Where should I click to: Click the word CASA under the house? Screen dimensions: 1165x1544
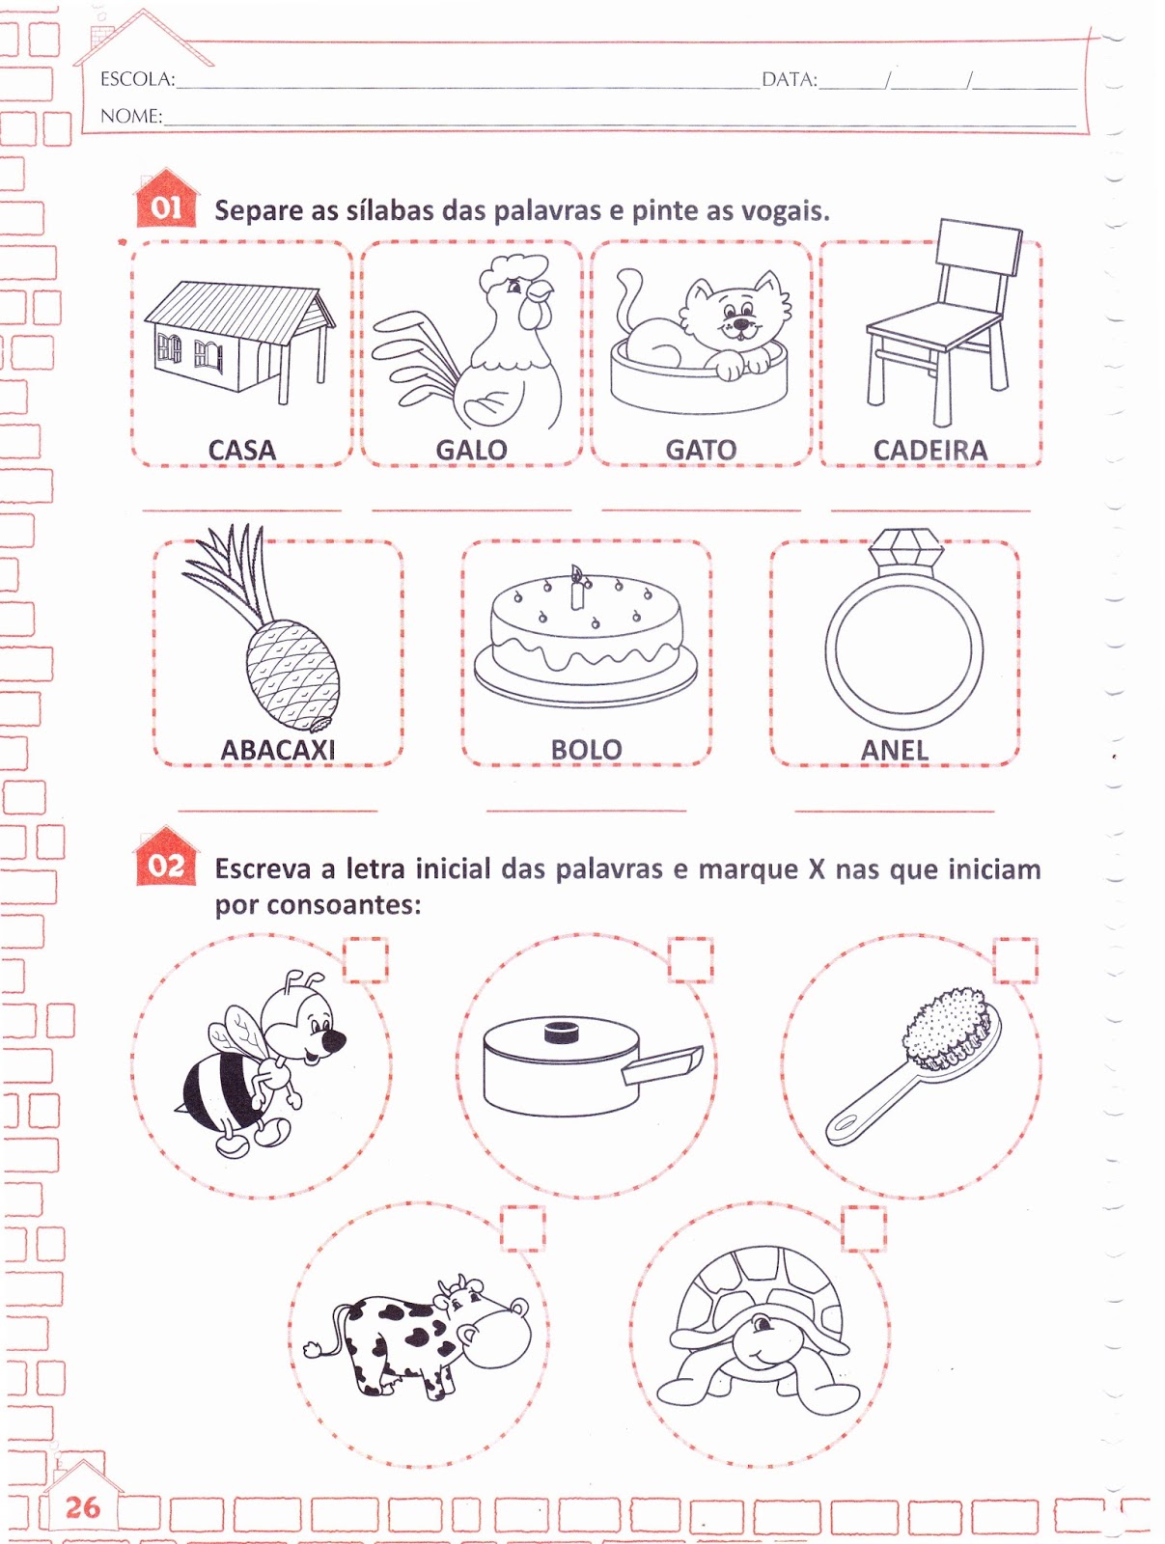(x=241, y=451)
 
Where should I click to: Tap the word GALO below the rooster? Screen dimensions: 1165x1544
(x=471, y=451)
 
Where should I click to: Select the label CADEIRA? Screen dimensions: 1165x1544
(x=930, y=451)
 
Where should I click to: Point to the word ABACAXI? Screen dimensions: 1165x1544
(x=278, y=750)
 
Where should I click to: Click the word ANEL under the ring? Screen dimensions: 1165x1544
(x=894, y=750)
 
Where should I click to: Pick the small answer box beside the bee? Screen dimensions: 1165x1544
(x=366, y=959)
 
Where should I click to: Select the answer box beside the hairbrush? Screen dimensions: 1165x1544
(x=1015, y=959)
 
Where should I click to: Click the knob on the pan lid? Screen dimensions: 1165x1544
(x=562, y=1032)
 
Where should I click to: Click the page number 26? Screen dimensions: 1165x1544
(x=82, y=1506)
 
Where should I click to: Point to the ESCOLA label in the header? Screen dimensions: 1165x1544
(x=137, y=79)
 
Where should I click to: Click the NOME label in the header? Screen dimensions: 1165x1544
(x=131, y=116)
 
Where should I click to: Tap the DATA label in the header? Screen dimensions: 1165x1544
(x=790, y=79)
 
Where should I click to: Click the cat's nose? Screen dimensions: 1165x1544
(x=741, y=323)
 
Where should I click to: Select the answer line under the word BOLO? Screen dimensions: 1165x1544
(x=586, y=811)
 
